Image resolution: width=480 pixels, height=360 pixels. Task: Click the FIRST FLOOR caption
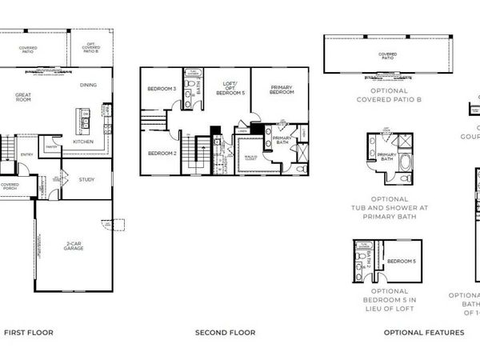pyautogui.click(x=29, y=332)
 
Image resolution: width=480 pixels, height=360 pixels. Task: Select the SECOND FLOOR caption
pyautogui.click(x=225, y=332)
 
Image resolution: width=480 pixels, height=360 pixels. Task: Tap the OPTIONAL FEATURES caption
pyautogui.click(x=423, y=332)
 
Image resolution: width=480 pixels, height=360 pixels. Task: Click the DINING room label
pyautogui.click(x=89, y=85)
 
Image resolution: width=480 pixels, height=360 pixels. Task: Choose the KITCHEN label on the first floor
pyautogui.click(x=84, y=142)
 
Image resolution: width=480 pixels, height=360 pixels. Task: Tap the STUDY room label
pyautogui.click(x=86, y=179)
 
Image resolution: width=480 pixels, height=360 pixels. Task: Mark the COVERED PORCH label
pyautogui.click(x=10, y=186)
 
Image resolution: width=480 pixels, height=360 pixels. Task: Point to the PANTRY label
pyautogui.click(x=51, y=146)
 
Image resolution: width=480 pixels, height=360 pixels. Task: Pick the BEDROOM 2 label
pyautogui.click(x=162, y=153)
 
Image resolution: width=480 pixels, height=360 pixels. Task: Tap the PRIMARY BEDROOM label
pyautogui.click(x=281, y=90)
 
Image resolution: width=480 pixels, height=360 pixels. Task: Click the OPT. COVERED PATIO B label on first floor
pyautogui.click(x=91, y=49)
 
